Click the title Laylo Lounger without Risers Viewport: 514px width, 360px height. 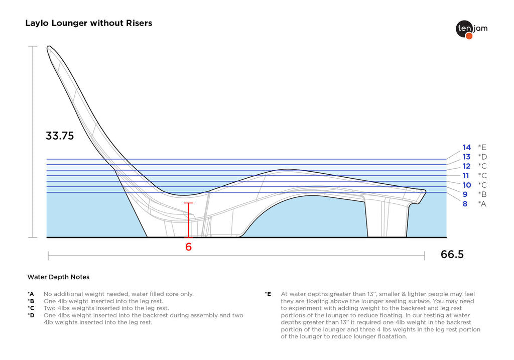88,23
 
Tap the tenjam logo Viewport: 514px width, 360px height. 471,29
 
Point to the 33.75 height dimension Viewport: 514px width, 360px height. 60,136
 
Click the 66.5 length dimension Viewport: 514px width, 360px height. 452,254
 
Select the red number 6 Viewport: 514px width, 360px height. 189,247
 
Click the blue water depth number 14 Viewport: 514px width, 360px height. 467,147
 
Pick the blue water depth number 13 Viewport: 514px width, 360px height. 467,157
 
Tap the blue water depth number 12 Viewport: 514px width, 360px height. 467,166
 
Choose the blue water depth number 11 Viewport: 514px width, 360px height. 466,176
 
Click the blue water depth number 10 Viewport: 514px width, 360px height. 467,185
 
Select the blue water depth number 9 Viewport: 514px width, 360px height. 465,194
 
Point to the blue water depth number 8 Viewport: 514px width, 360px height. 465,204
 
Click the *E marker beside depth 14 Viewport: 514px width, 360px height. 482,147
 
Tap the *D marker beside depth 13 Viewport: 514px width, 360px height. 482,157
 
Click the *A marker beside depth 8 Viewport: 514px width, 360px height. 482,204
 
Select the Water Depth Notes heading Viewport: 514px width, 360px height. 58,277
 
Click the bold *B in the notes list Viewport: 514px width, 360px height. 31,301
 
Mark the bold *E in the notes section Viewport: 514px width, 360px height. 268,294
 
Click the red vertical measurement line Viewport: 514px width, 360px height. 189,221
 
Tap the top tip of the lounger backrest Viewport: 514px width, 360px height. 49,48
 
